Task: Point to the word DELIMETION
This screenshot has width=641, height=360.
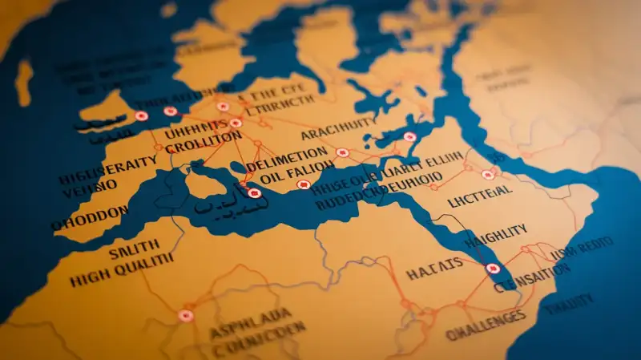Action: click(x=288, y=153)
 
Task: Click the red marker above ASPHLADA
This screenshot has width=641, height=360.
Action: click(x=186, y=315)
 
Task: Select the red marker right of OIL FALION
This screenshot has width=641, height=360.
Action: click(x=303, y=185)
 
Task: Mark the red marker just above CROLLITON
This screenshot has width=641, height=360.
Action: click(x=236, y=123)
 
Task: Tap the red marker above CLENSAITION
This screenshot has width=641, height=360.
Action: click(x=491, y=269)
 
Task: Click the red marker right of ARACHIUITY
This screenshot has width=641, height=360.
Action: click(x=409, y=137)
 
